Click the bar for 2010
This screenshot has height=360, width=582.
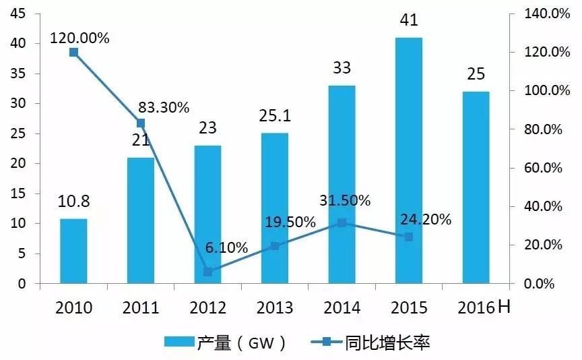click(73, 251)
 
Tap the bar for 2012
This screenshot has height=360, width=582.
click(207, 214)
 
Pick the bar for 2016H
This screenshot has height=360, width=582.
click(476, 187)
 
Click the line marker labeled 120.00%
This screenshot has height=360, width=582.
click(74, 53)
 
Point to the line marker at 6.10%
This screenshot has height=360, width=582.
click(207, 272)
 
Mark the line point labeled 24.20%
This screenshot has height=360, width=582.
click(409, 237)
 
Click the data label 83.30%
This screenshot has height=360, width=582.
click(164, 107)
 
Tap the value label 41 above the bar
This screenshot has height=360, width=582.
click(409, 21)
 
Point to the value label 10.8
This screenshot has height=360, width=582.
click(73, 203)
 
